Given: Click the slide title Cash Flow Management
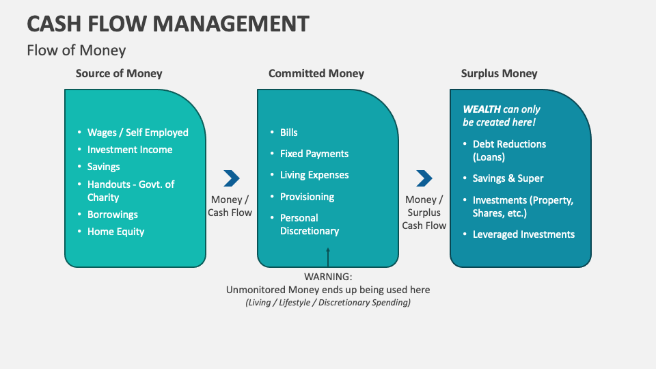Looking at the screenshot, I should coord(167,23).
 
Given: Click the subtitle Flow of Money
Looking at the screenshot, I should coord(76,51).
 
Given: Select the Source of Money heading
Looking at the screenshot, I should coord(119,73).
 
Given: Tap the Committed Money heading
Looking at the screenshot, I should coord(316,73).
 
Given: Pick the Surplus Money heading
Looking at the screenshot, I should coord(499,73).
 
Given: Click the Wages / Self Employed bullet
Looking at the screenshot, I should coord(137,133).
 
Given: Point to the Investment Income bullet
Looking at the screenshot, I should coord(130,150).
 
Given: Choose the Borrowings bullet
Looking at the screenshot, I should coord(113,215).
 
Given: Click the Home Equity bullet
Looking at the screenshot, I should coord(115,232).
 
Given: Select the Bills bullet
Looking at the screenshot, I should coord(288,133).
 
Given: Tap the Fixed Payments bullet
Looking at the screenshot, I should coord(314,154).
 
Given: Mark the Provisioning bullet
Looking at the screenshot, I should coord(307,197).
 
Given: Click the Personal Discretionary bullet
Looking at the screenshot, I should coord(309,224).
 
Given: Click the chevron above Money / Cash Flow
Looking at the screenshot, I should coord(232,178).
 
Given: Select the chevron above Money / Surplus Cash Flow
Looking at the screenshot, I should coord(424,178).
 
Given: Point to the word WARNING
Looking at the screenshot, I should coord(328,277).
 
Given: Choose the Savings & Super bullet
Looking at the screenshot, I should coord(508,178).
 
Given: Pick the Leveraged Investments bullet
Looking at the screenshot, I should coord(523,234).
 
